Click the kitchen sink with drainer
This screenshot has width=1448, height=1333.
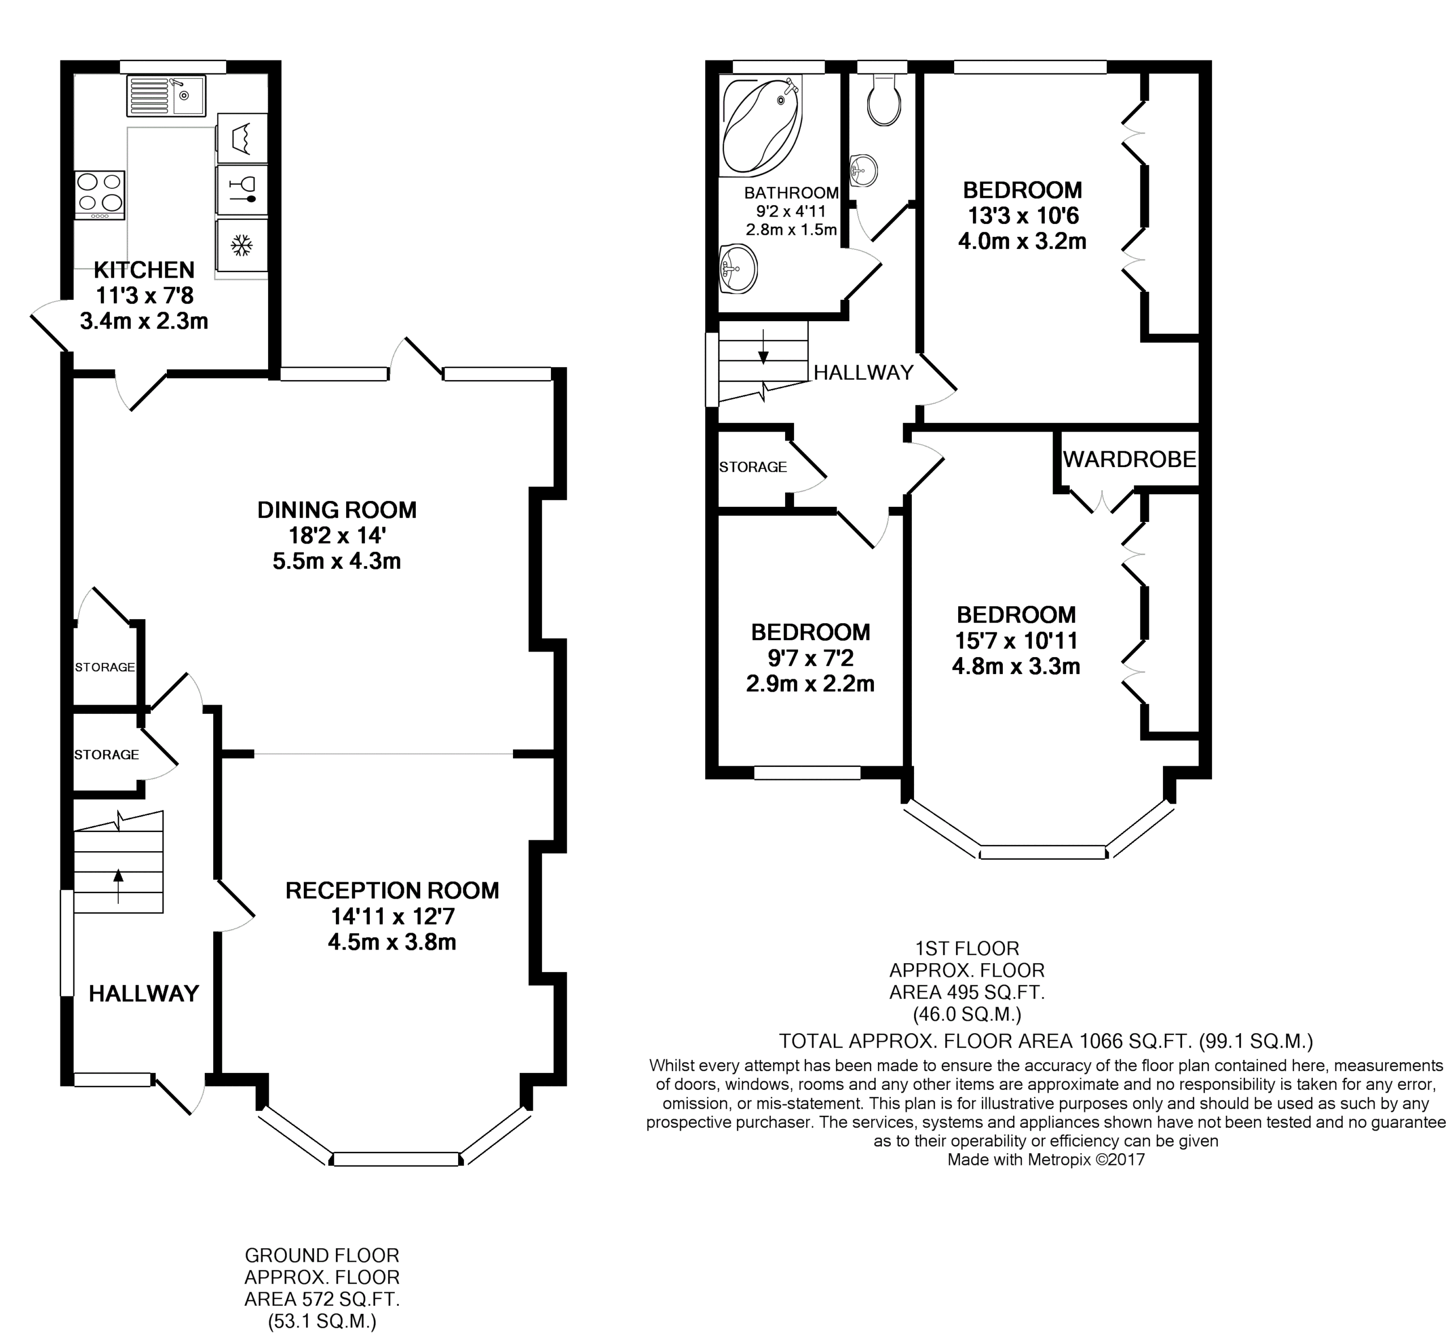point(166,95)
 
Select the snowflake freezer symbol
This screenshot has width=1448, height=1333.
point(242,245)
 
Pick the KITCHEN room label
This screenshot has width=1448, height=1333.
point(144,270)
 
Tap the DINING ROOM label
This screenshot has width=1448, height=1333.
point(337,510)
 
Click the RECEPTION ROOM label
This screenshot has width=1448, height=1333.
point(392,891)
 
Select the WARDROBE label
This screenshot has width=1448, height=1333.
point(1129,459)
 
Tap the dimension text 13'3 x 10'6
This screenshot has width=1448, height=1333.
point(1022,215)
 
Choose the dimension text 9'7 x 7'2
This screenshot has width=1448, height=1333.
point(809,658)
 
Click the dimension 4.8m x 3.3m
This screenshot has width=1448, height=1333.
point(1016,666)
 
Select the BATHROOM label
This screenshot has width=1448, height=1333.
point(791,193)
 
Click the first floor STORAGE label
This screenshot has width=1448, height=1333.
point(752,467)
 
